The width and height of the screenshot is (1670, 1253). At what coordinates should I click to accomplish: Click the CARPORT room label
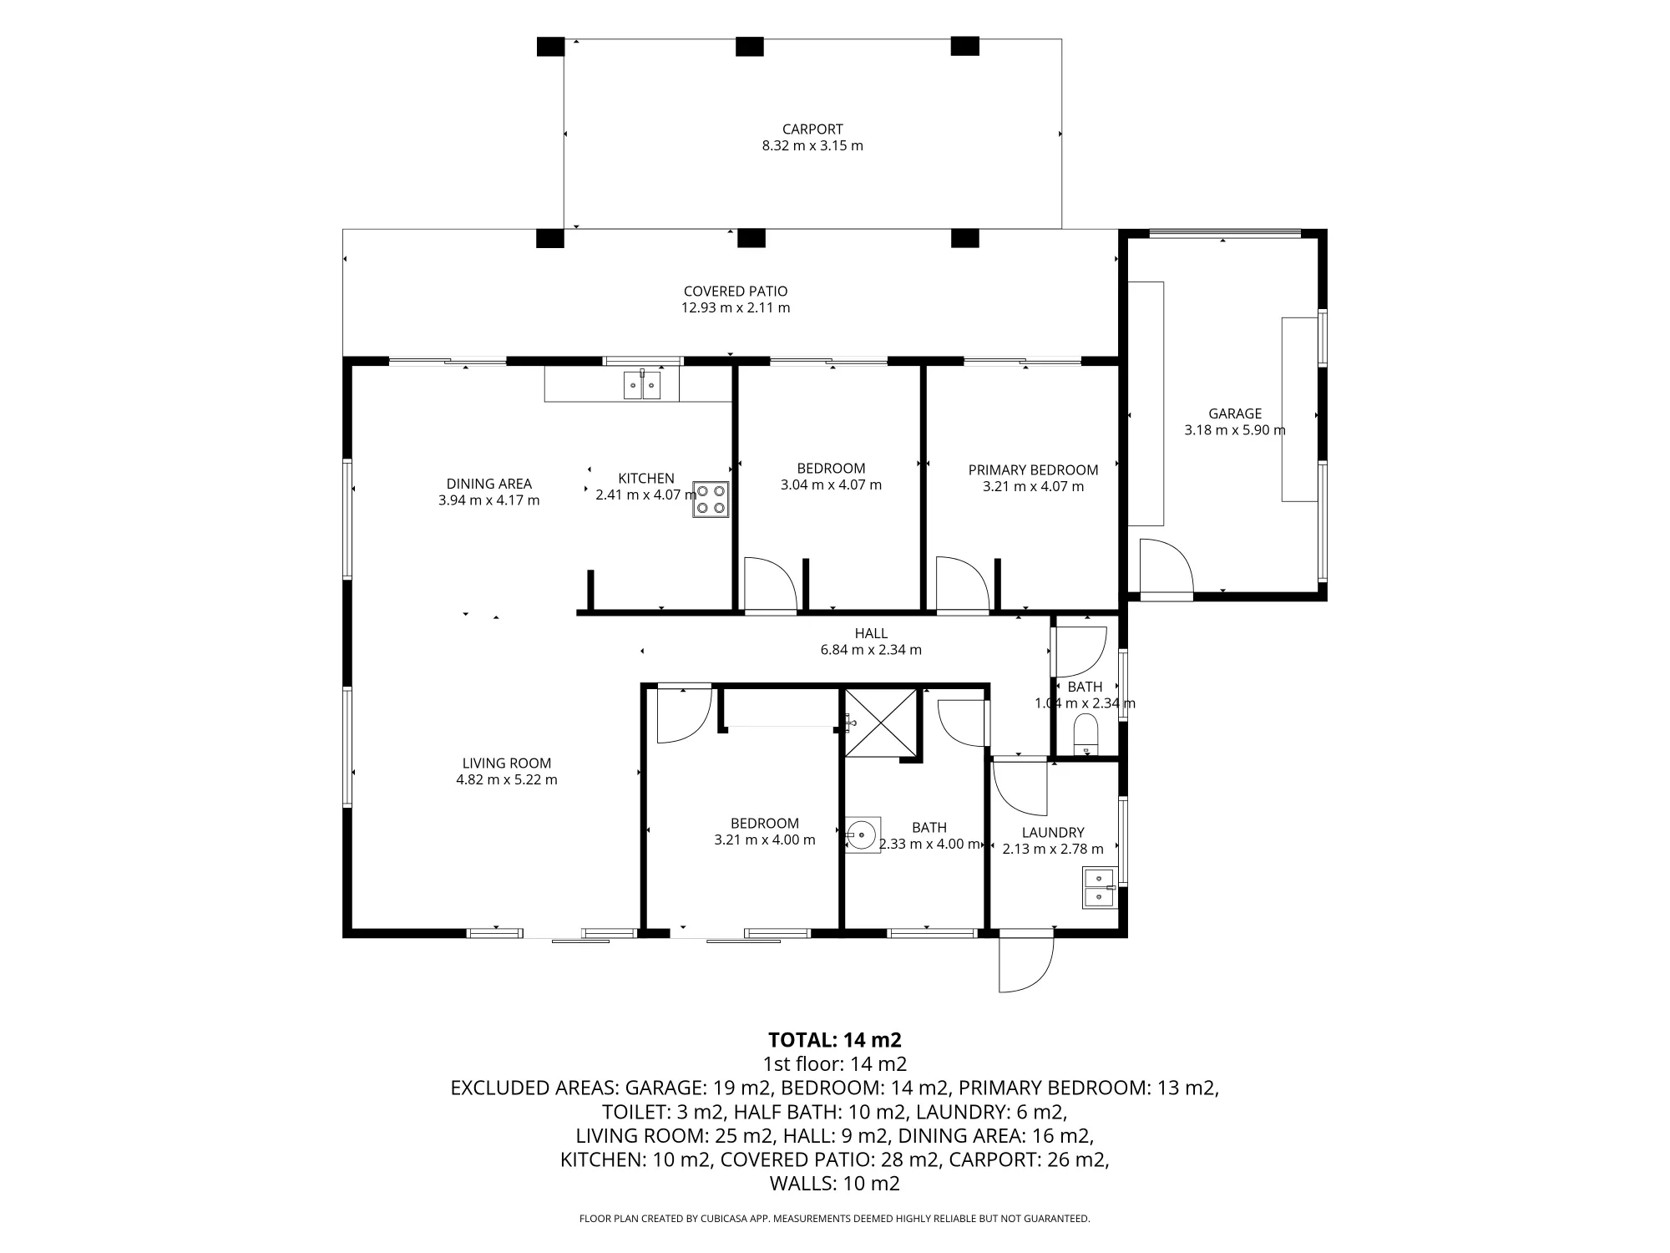[x=812, y=129]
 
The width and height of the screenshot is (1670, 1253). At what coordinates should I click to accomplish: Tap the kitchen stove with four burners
[x=710, y=500]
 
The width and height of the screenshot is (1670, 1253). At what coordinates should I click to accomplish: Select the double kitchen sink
[x=642, y=385]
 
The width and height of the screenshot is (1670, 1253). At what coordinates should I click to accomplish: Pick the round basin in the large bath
[x=862, y=834]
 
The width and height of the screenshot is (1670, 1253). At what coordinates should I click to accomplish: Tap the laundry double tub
[x=1099, y=888]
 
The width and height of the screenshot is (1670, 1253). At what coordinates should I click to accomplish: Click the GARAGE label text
[x=1235, y=413]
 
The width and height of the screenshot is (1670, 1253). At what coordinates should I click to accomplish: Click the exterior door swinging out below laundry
[x=1026, y=962]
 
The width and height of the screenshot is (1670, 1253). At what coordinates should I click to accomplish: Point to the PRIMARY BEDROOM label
[x=1033, y=470]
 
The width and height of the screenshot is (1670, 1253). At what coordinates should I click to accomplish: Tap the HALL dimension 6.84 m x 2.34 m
[x=871, y=650]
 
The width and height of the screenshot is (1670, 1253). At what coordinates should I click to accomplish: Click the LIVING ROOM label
[x=507, y=763]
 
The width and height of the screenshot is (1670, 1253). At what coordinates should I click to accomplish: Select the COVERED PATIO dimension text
[x=736, y=307]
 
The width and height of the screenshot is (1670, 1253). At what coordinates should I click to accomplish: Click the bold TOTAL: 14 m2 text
[x=835, y=1040]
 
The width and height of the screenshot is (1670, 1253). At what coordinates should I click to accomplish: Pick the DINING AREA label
[x=489, y=484]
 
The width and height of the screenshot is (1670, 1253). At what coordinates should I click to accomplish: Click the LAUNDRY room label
[x=1053, y=833]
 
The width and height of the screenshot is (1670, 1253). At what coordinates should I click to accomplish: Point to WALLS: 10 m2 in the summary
[x=835, y=1184]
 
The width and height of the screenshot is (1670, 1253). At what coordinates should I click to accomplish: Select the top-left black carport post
[x=550, y=46]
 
